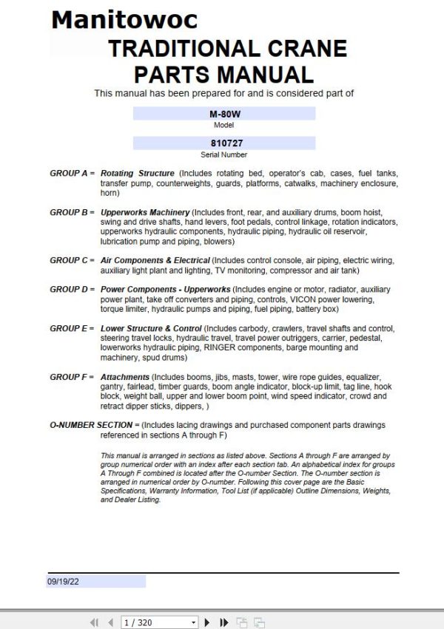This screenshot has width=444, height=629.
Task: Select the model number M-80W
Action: (x=223, y=115)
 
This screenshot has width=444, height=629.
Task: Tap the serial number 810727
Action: (x=223, y=143)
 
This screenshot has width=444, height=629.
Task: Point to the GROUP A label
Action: (x=72, y=173)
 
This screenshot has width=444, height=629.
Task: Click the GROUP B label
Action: (x=72, y=212)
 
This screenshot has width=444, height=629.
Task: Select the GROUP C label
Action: (x=72, y=260)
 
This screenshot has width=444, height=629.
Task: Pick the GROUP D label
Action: (x=72, y=289)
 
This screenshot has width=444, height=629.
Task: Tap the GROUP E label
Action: (x=72, y=327)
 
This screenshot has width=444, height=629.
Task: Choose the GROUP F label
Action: (x=72, y=377)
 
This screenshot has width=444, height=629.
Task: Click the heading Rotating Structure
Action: (x=138, y=173)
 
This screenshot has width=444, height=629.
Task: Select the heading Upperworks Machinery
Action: (x=145, y=212)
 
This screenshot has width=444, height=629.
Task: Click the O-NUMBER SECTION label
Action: (x=94, y=425)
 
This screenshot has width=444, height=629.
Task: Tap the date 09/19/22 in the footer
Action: (x=64, y=582)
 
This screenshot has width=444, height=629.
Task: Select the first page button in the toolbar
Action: (x=94, y=622)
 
